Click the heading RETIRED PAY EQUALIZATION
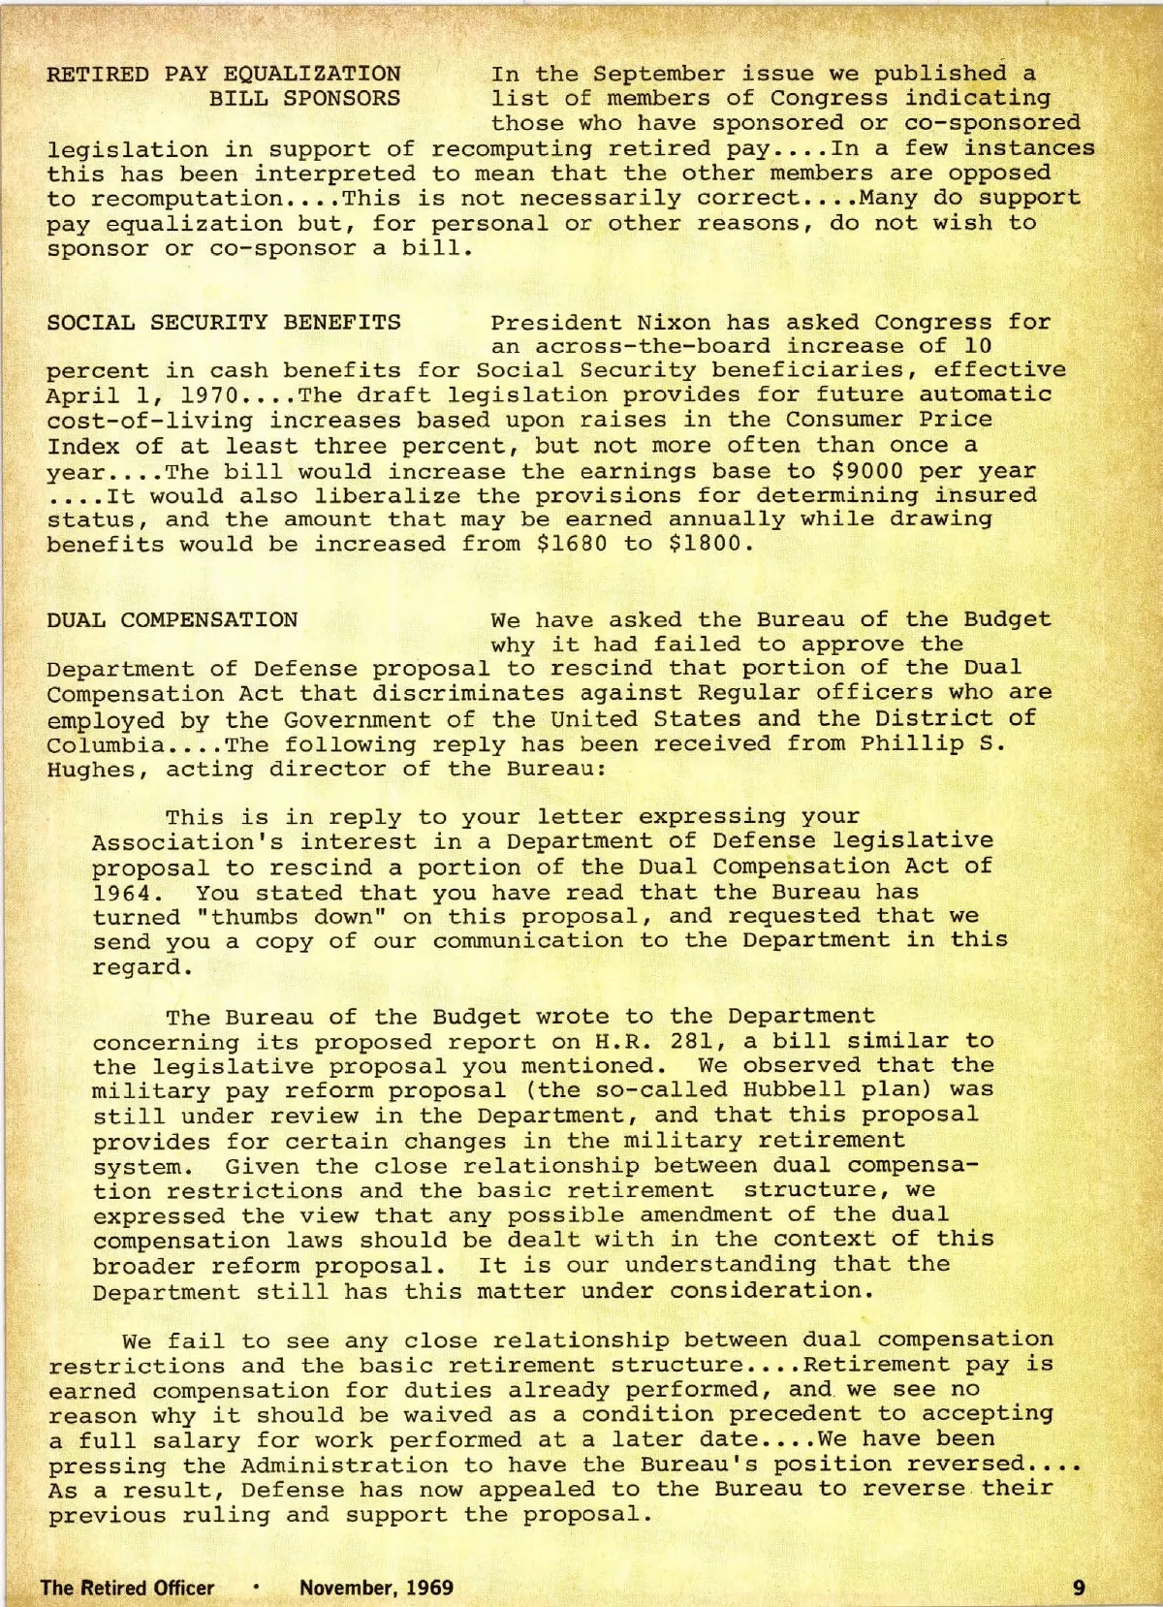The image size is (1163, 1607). pos(224,74)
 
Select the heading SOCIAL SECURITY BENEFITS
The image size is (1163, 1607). pos(224,322)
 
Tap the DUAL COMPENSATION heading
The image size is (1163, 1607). pos(173,619)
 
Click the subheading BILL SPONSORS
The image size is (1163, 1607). pos(305,98)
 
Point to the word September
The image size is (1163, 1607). pos(659,74)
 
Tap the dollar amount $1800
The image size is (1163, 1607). pos(711,544)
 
